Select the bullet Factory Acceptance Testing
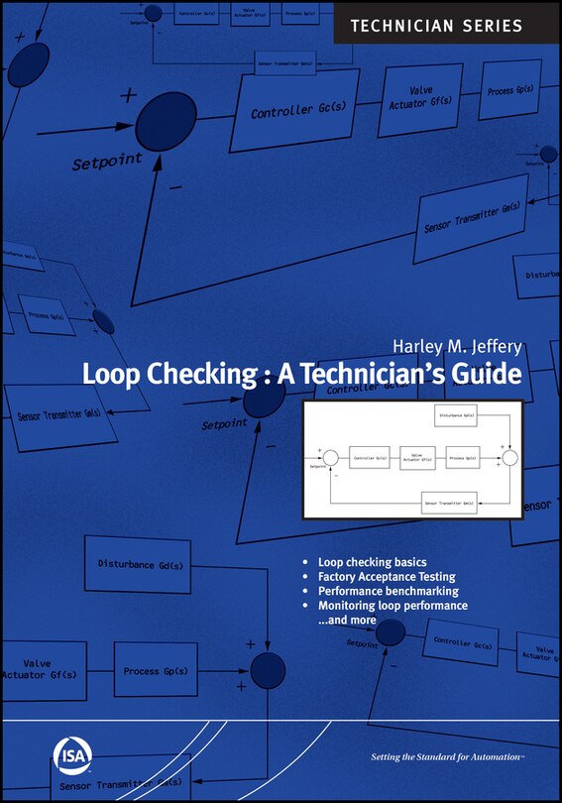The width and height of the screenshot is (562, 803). (x=387, y=576)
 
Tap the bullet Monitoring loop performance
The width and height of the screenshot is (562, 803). (x=393, y=605)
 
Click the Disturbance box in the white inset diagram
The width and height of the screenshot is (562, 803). (x=457, y=416)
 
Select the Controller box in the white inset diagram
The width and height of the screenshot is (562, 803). (x=369, y=458)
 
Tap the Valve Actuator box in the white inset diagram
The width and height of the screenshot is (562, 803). (x=417, y=458)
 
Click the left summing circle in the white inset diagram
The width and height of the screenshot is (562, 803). (x=331, y=458)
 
